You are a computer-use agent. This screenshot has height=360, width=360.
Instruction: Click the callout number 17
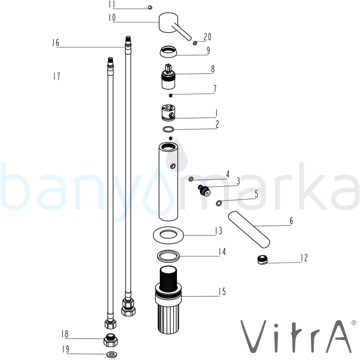click(57, 76)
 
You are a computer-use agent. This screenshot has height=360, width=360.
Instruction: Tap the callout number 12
click(304, 258)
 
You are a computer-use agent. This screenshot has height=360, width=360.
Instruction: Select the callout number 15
click(222, 292)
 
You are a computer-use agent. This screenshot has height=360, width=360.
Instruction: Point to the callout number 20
click(208, 37)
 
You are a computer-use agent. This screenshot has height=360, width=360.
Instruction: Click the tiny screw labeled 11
click(150, 7)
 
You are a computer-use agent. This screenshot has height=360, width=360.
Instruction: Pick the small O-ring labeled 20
click(195, 43)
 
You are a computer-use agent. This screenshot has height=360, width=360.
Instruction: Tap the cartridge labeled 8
click(168, 76)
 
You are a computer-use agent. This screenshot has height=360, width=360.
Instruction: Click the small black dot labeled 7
click(170, 95)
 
